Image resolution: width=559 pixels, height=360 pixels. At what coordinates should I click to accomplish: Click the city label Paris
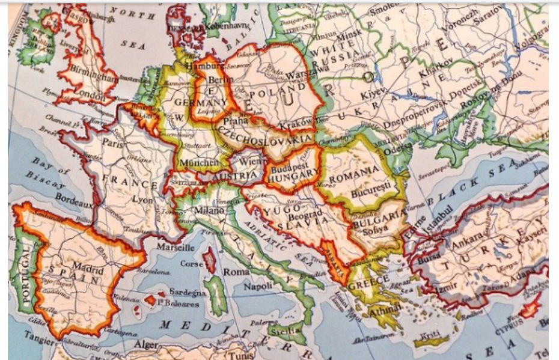click(x=112, y=143)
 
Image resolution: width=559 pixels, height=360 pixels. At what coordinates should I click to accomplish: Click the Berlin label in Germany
click(x=220, y=81)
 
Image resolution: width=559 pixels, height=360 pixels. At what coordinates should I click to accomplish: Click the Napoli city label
click(x=258, y=286)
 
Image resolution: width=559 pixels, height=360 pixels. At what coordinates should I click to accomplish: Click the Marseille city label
click(x=176, y=247)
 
